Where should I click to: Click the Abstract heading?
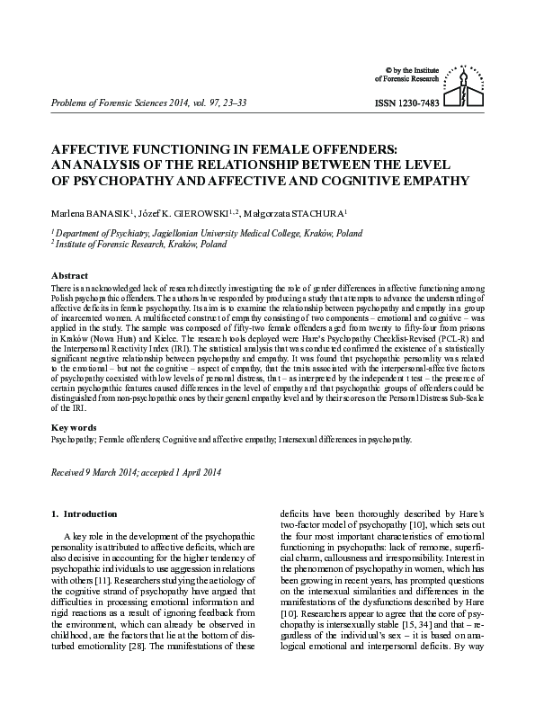[x=70, y=275]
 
